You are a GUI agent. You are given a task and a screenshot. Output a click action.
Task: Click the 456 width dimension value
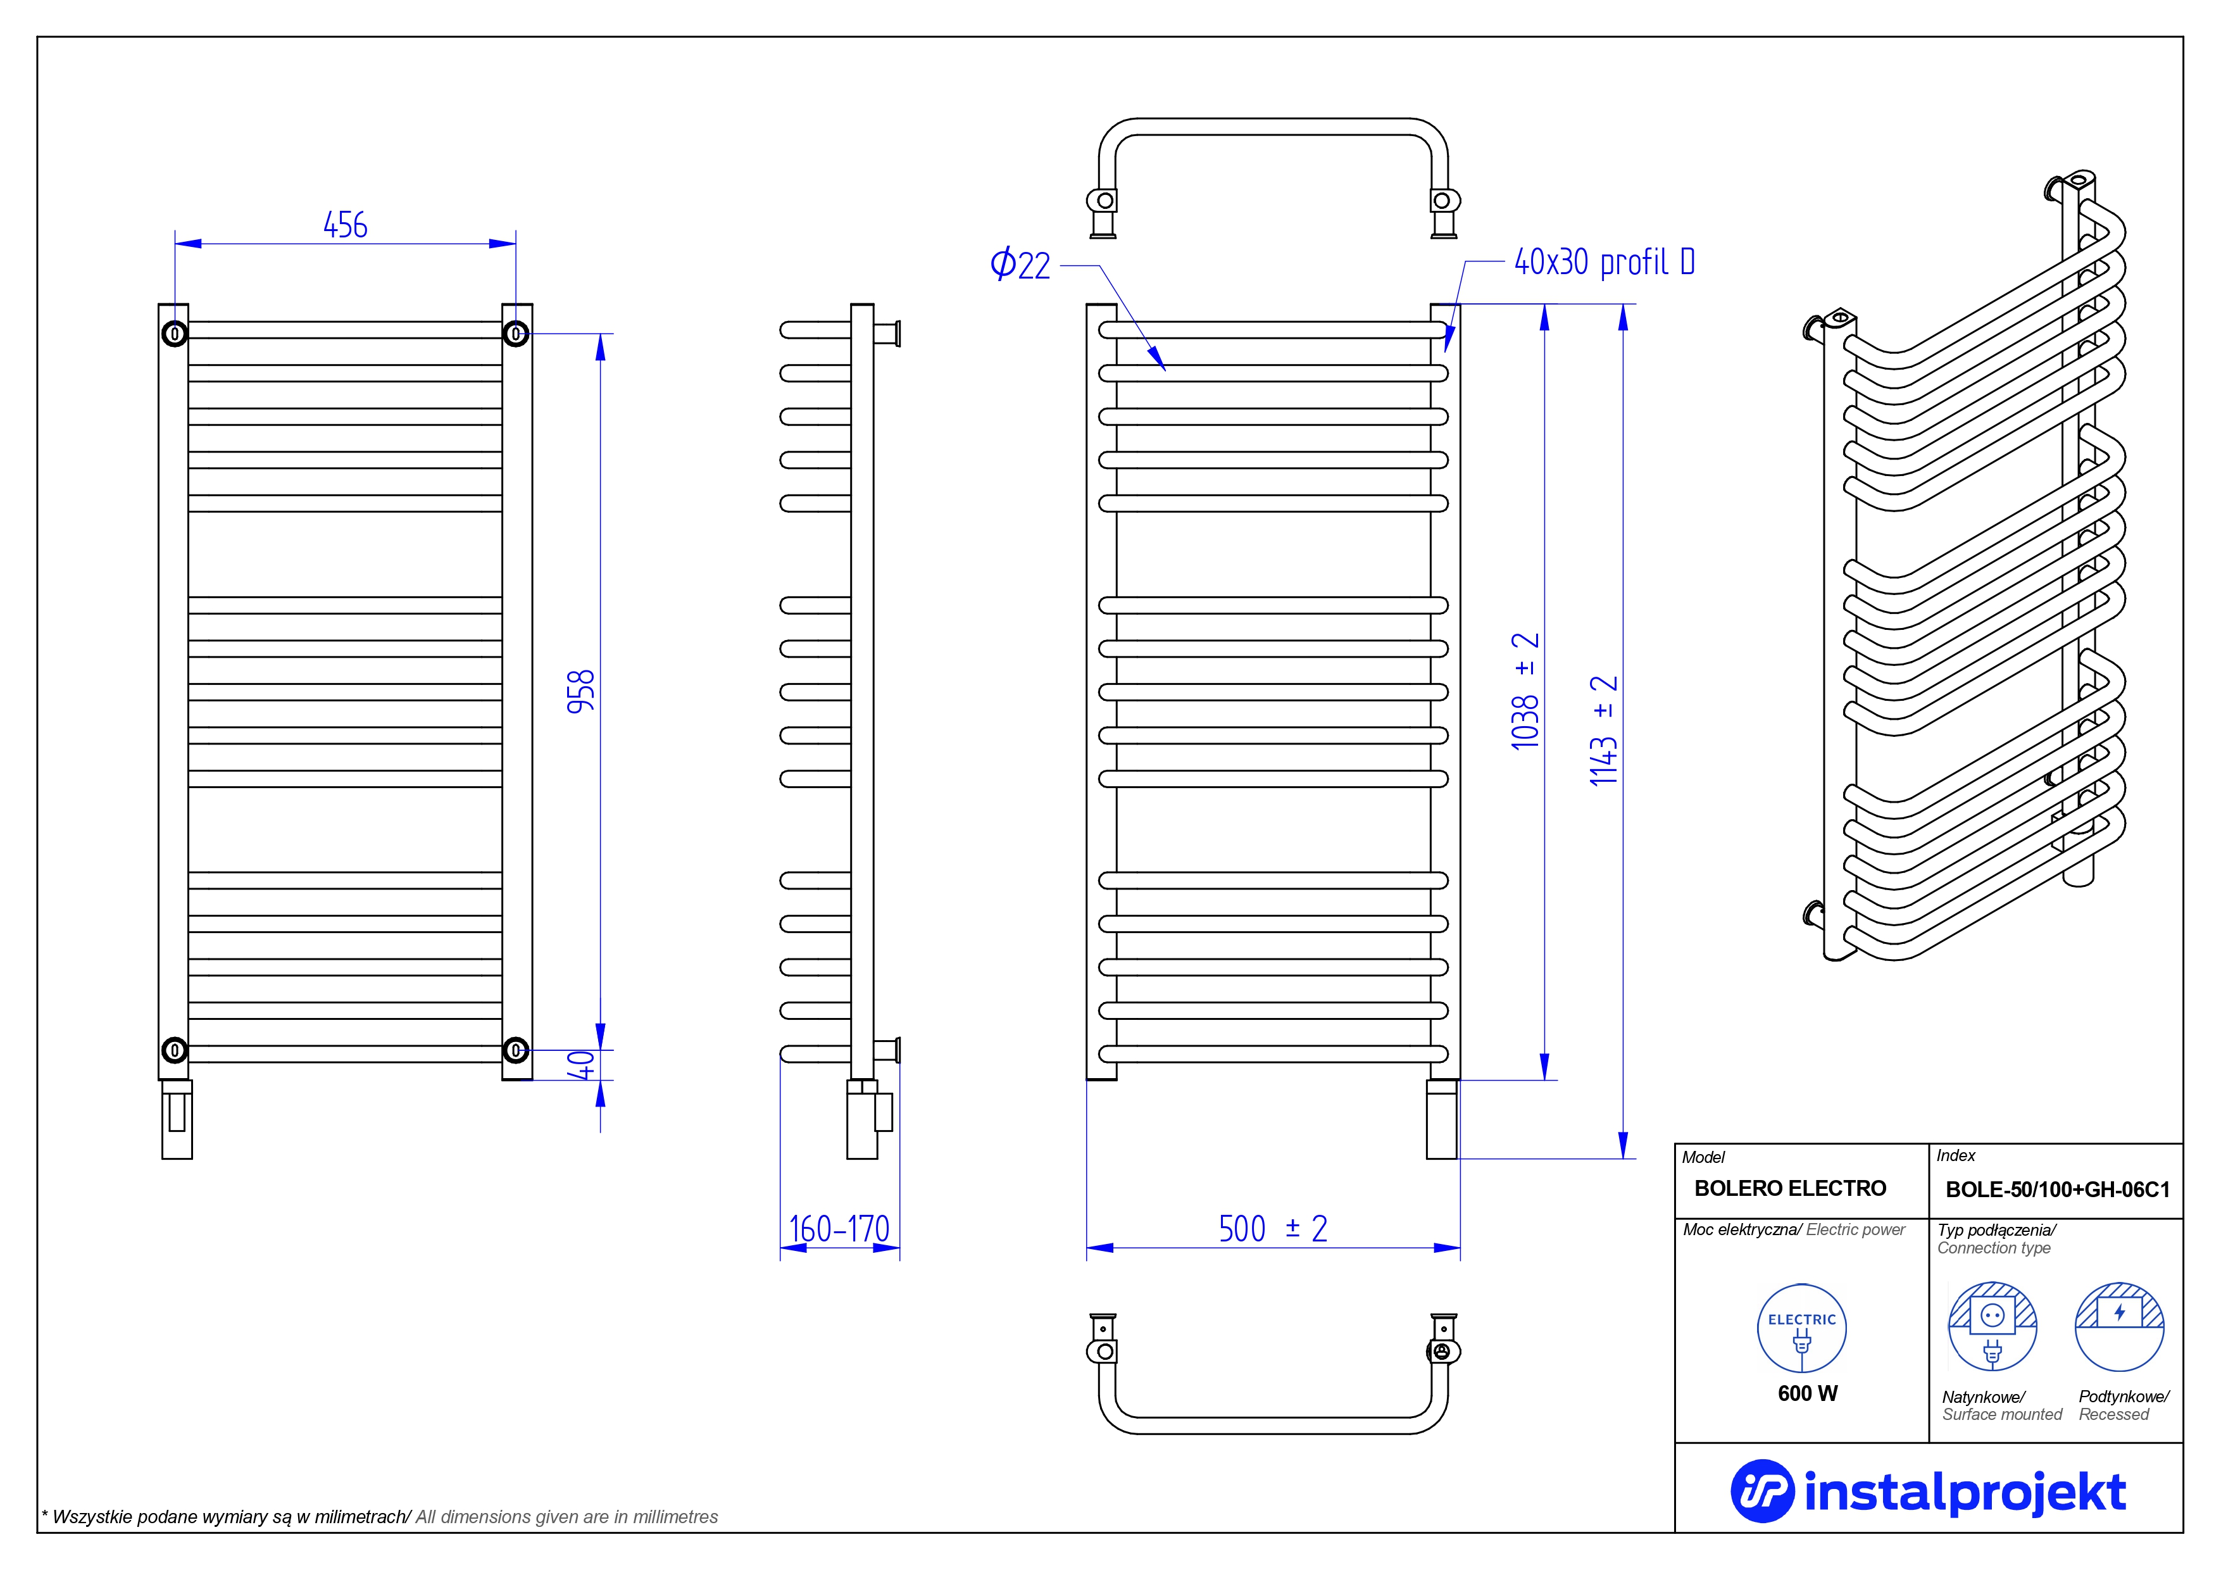pyautogui.click(x=346, y=225)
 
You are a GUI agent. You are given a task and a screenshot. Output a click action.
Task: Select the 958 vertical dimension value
pyautogui.click(x=580, y=692)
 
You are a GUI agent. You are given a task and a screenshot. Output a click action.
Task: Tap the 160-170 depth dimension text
pyautogui.click(x=839, y=1229)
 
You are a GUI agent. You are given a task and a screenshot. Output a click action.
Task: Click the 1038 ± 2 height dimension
pyautogui.click(x=1525, y=691)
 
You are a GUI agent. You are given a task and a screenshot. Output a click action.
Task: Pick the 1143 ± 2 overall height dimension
pyautogui.click(x=1604, y=731)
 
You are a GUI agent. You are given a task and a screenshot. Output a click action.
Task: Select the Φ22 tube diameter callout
pyautogui.click(x=1020, y=264)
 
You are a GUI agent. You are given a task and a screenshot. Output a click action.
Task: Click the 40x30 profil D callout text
pyautogui.click(x=1605, y=261)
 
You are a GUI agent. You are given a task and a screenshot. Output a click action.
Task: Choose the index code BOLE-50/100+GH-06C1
pyautogui.click(x=2058, y=1190)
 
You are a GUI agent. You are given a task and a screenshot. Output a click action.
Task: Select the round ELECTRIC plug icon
pyautogui.click(x=1801, y=1328)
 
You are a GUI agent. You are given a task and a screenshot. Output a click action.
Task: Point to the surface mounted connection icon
pyautogui.click(x=1992, y=1326)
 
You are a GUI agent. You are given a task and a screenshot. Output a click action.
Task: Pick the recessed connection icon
pyautogui.click(x=2120, y=1326)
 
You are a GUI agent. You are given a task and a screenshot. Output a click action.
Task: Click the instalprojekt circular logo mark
pyautogui.click(x=1761, y=1491)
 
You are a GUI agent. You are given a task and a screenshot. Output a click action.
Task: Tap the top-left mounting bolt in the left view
pyautogui.click(x=174, y=334)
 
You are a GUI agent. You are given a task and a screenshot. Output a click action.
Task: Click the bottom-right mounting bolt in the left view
pyautogui.click(x=516, y=1050)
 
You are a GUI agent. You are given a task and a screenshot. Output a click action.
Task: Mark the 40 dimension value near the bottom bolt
pyautogui.click(x=580, y=1065)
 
